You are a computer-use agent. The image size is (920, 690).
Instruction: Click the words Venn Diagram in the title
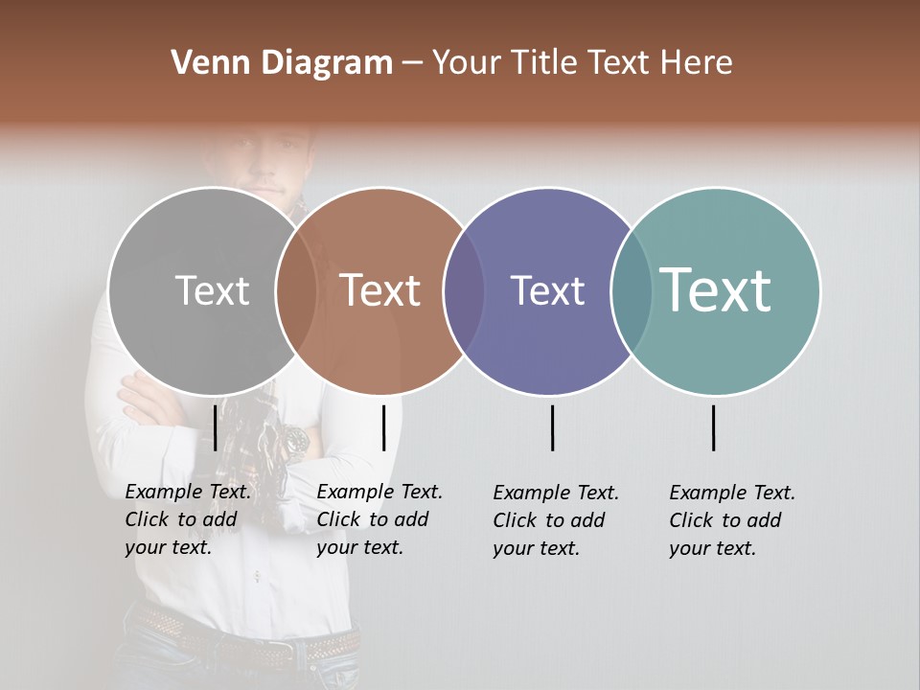pos(282,63)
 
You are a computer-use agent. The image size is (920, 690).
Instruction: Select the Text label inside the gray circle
pos(212,290)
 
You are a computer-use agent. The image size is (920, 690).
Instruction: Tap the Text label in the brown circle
pos(380,290)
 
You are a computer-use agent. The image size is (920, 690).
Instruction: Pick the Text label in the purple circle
pos(547,290)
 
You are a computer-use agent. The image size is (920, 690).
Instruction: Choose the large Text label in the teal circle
pos(716,289)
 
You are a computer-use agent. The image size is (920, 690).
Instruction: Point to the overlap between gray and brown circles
pos(296,291)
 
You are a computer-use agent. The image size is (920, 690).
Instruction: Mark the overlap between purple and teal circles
pos(631,291)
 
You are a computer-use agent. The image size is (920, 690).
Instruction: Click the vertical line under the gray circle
pos(216,427)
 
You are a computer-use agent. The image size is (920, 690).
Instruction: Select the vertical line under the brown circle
pos(383,427)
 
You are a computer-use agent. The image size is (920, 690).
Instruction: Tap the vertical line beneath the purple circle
pos(553,427)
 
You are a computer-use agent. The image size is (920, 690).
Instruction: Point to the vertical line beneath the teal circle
pos(714,427)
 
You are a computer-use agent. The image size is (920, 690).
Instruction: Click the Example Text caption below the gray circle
pos(187,519)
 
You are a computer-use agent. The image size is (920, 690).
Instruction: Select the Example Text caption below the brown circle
pos(379,519)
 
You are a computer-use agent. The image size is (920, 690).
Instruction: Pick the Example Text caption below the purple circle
pos(555,520)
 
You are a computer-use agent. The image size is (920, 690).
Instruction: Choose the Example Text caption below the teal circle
pos(731,520)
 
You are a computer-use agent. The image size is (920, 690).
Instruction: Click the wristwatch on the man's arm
pos(294,440)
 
